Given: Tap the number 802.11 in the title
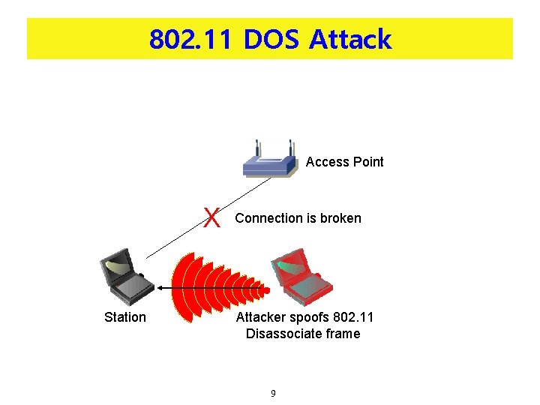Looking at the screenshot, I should [x=192, y=39].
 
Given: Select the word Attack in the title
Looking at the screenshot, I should [x=349, y=39].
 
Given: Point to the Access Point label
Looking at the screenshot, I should [x=344, y=162].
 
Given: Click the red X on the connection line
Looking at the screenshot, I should [x=213, y=218].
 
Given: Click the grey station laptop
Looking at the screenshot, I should [x=123, y=276].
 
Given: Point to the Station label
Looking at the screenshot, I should [x=125, y=317].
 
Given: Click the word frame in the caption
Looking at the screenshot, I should [x=343, y=334].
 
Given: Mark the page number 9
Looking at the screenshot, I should [x=273, y=393].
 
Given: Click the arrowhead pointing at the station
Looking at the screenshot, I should [x=160, y=288].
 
